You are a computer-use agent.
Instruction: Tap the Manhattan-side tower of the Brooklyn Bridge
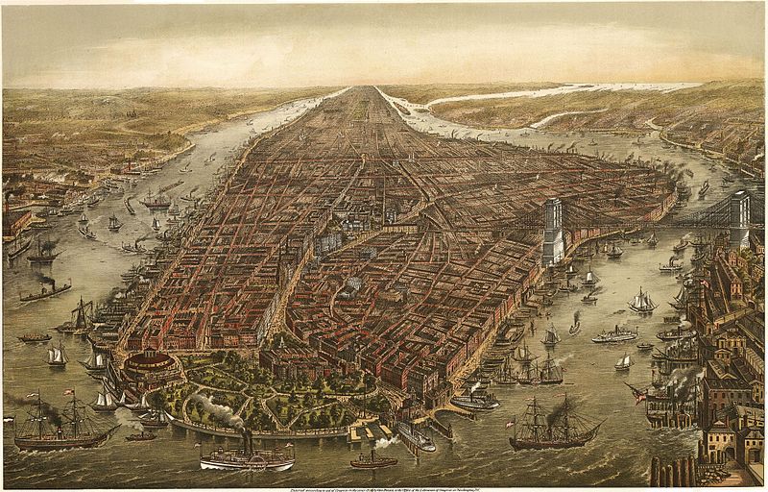[x=553, y=232]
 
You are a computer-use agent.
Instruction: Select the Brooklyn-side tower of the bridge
[x=739, y=217]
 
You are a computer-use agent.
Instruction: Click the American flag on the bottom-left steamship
[x=68, y=393]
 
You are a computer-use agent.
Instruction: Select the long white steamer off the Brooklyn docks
[x=614, y=335]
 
